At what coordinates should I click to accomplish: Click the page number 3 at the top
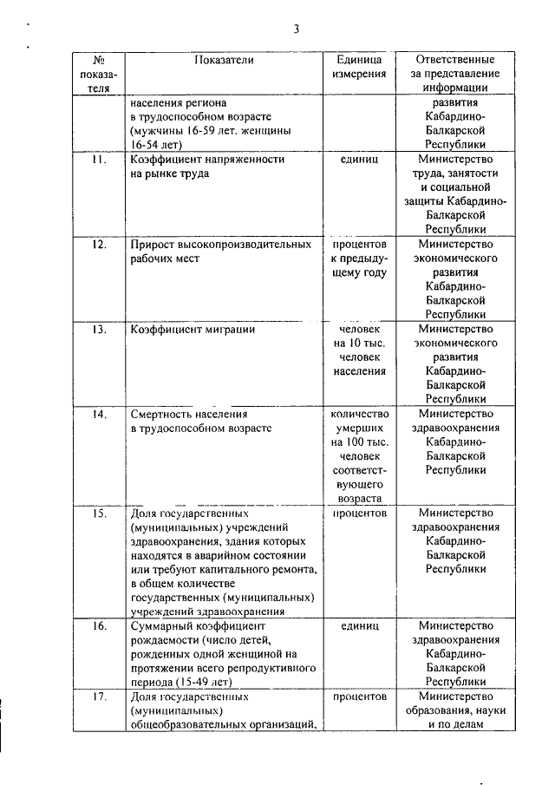click(x=296, y=29)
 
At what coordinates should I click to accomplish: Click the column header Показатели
click(x=225, y=60)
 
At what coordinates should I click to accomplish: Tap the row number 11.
click(x=99, y=160)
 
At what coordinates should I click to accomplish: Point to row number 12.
click(x=99, y=245)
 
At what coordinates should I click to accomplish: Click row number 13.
click(x=99, y=330)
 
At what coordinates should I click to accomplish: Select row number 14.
click(x=99, y=414)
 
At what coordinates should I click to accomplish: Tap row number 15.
click(x=99, y=513)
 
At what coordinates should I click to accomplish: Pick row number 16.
click(x=99, y=625)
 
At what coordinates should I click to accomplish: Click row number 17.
click(x=99, y=697)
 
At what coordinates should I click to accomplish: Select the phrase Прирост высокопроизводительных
click(x=220, y=245)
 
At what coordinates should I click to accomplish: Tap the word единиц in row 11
click(x=359, y=160)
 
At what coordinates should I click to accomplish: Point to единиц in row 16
click(x=359, y=625)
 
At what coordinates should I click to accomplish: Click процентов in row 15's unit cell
click(x=359, y=513)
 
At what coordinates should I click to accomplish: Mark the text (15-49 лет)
click(x=203, y=682)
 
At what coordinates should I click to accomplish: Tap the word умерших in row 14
click(x=359, y=428)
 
